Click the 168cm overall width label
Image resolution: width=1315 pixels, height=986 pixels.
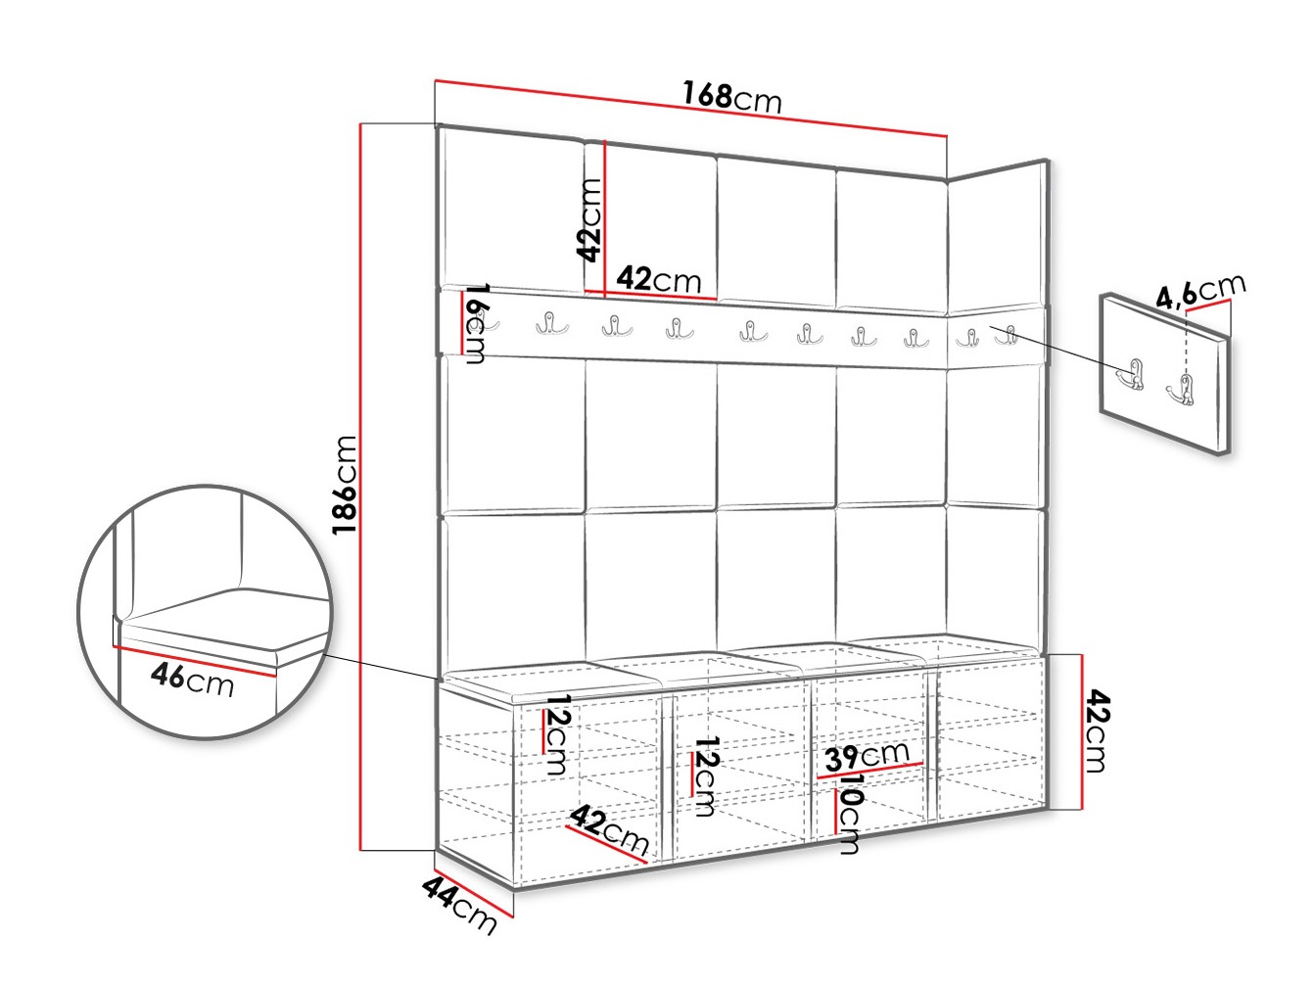[x=731, y=98]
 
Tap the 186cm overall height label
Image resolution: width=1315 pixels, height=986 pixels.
[x=345, y=485]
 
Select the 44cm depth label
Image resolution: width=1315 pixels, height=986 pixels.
[x=459, y=905]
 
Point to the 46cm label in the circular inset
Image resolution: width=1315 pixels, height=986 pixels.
[x=192, y=680]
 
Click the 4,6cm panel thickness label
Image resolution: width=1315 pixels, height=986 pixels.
[x=1200, y=291]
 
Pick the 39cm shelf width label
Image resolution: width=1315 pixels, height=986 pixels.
[x=867, y=757]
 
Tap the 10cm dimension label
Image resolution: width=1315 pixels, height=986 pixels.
[x=850, y=813]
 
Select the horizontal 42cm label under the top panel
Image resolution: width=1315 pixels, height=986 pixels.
[x=658, y=279]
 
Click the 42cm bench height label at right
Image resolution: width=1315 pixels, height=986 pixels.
[x=1099, y=731]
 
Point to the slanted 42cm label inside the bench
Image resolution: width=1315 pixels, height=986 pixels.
[x=609, y=829]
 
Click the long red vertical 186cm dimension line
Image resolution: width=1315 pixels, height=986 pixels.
[x=360, y=487]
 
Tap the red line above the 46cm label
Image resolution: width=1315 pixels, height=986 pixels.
[x=195, y=661]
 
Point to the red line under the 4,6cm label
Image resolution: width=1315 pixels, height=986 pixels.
[x=1206, y=307]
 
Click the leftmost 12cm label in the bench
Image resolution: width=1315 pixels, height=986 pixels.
[x=557, y=735]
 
